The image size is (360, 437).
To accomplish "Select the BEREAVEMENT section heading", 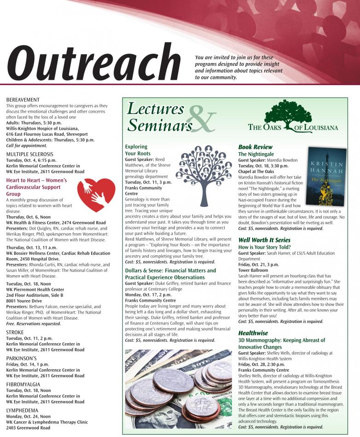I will click(23, 100).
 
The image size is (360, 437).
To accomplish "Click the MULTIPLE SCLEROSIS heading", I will click(30, 154).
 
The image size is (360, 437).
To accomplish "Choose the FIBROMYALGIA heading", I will click(23, 384).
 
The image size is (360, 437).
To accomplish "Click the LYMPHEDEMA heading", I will click(22, 410).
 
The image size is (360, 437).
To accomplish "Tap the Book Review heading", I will click(255, 147).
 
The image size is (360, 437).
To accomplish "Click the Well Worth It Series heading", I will click(264, 240).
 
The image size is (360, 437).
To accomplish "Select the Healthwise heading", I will click(253, 333).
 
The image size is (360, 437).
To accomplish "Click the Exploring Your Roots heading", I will click(138, 150).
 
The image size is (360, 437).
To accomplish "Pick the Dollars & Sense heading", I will click(170, 274).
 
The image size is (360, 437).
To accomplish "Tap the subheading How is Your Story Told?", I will click(264, 247).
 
